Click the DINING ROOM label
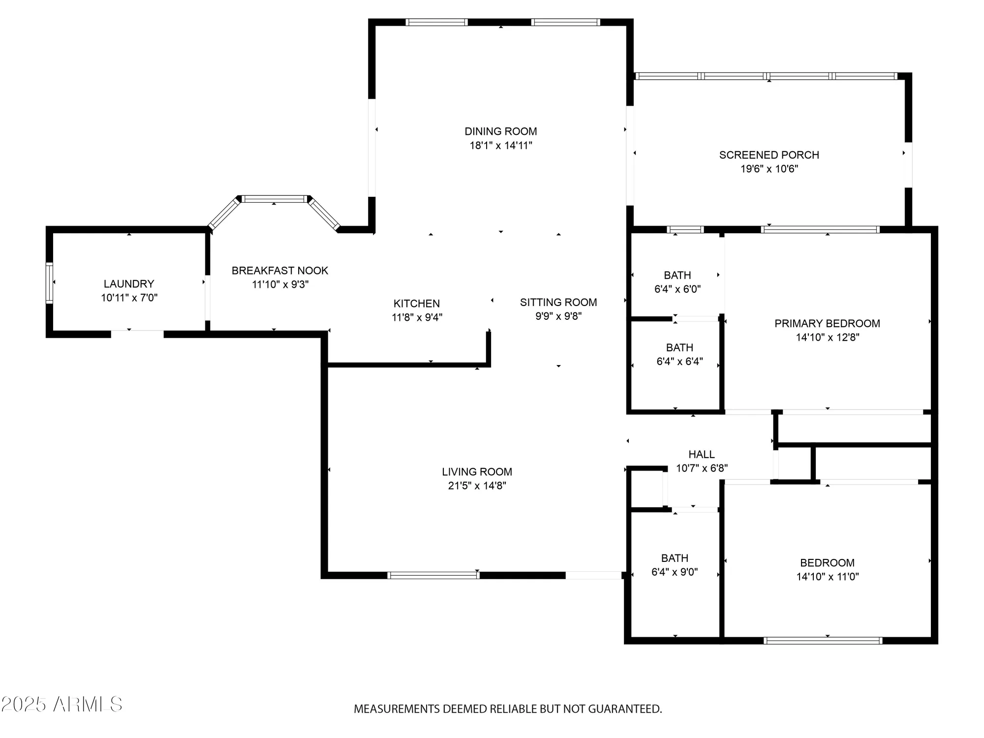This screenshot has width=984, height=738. tap(500, 131)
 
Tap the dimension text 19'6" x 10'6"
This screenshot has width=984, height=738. tap(769, 169)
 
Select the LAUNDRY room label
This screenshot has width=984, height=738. tap(129, 284)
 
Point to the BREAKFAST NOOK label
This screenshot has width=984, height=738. tap(279, 271)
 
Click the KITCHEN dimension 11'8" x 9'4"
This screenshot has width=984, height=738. tap(417, 317)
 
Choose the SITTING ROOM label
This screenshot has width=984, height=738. tap(558, 303)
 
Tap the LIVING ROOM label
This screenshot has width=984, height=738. tap(477, 472)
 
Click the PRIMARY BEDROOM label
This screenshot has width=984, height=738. tap(827, 324)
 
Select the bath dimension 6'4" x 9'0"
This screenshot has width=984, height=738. tap(675, 572)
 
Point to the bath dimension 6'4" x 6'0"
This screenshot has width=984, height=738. tap(677, 289)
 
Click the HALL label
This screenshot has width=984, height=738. tap(701, 455)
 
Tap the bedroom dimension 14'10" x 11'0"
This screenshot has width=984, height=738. tap(828, 577)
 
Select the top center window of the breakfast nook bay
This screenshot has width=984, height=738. tap(274, 199)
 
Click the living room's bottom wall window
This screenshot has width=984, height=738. tap(433, 575)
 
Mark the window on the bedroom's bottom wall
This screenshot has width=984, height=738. tap(823, 641)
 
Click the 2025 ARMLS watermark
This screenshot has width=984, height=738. tap(61, 705)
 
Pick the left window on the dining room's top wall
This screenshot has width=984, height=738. tap(436, 22)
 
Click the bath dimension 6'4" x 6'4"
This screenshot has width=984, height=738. tap(679, 362)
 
